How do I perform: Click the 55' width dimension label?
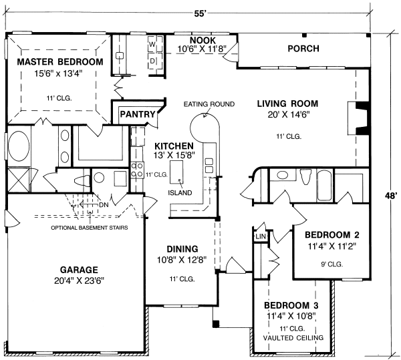(200, 14)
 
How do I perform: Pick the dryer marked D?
(156, 61)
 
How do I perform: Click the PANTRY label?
(138, 114)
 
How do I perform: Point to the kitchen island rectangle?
(176, 172)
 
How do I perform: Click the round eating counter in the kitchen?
(205, 128)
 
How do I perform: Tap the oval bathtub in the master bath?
(19, 146)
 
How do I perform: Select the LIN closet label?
(261, 236)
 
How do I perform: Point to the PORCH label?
(303, 49)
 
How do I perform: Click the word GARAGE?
(79, 270)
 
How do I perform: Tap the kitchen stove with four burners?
(137, 170)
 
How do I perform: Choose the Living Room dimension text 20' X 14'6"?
(289, 115)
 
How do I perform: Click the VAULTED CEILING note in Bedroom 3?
(293, 338)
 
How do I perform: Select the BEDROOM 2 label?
(332, 234)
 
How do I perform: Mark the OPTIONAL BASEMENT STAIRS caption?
(90, 228)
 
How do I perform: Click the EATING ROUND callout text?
(209, 104)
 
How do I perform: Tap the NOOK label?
(203, 40)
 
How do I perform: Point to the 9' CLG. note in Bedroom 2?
(332, 264)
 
